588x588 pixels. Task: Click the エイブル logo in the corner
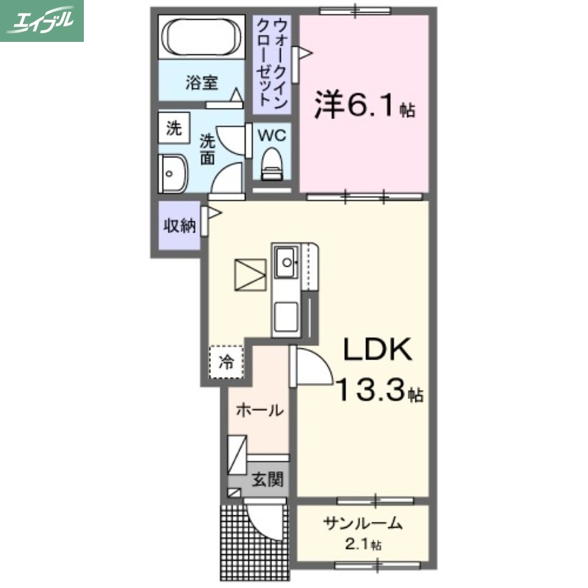click(x=42, y=20)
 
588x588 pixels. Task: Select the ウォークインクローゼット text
click(x=270, y=64)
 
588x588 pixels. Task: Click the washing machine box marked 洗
click(x=173, y=129)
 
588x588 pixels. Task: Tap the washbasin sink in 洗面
click(x=173, y=174)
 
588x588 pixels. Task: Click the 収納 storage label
click(x=179, y=225)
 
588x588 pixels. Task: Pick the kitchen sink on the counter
click(x=285, y=259)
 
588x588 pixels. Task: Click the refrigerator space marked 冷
click(x=227, y=361)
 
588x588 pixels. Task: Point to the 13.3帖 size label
click(x=379, y=390)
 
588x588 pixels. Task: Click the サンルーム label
click(x=363, y=524)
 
